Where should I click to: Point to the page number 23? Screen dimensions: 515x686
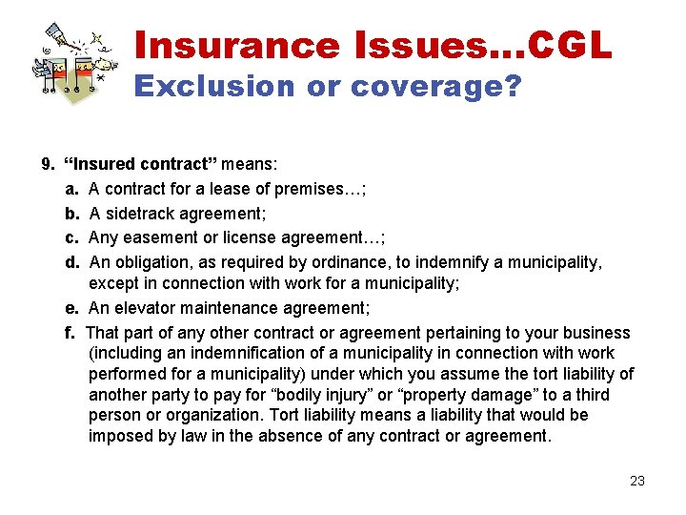pos(637,481)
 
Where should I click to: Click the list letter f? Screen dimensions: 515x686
pos(69,333)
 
